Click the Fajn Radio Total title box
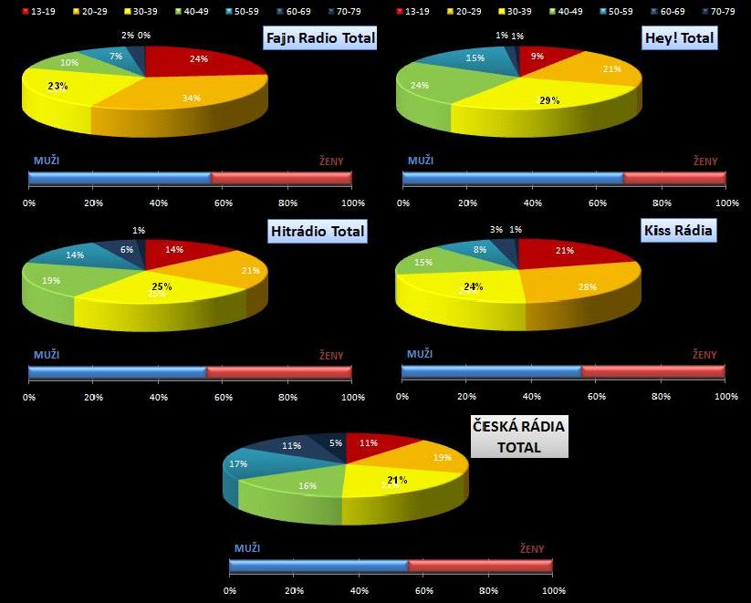(318, 38)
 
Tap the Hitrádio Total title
(318, 231)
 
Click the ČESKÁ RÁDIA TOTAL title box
(518, 436)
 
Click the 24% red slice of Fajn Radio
(198, 61)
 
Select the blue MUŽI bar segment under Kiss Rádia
(491, 371)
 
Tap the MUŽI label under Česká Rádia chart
(247, 548)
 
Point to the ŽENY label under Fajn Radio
(331, 161)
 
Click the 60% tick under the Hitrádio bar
(224, 397)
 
